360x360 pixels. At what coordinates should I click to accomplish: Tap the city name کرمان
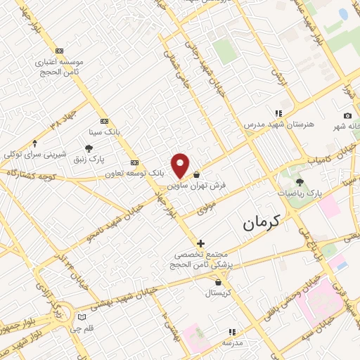tap(261, 222)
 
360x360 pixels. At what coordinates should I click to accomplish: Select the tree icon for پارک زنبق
tap(89, 148)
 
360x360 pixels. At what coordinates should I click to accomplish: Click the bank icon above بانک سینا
tap(104, 120)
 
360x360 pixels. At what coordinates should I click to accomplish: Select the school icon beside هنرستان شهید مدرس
tap(279, 113)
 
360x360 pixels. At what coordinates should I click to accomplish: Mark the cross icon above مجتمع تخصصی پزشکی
tap(201, 243)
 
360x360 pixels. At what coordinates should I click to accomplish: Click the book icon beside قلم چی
tap(82, 317)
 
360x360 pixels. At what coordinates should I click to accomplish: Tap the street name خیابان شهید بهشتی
tap(141, 285)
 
